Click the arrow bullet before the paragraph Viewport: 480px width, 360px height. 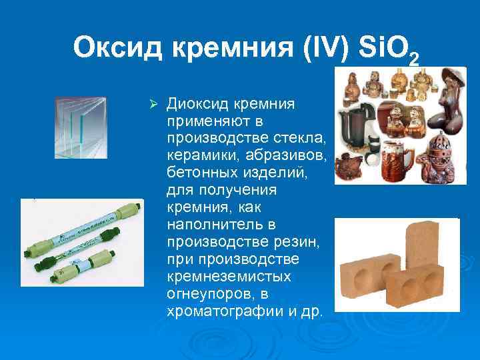153,105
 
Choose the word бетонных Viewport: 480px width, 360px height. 197,173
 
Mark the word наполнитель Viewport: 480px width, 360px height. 207,224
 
